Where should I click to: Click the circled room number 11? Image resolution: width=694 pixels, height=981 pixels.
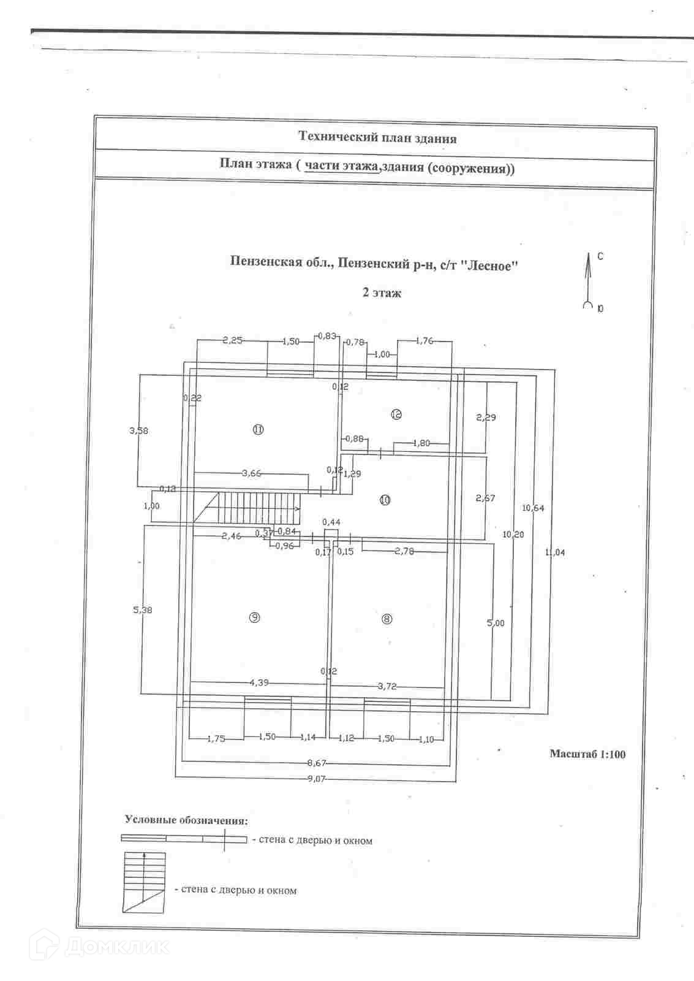tap(258, 430)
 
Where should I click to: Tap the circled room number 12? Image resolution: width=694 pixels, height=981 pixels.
tap(396, 414)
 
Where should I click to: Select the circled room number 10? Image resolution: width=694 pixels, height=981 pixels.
tap(385, 500)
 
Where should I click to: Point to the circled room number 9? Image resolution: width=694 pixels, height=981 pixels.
tap(254, 618)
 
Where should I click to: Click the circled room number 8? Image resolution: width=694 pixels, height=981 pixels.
tap(387, 619)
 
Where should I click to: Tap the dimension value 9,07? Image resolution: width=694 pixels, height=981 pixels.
tap(317, 779)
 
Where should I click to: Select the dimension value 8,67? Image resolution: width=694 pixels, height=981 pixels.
tap(317, 763)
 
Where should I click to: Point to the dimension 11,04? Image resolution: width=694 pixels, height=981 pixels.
tap(555, 552)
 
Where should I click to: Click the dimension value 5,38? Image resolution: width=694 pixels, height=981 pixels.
tap(143, 610)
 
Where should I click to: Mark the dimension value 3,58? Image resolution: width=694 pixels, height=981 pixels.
tap(138, 430)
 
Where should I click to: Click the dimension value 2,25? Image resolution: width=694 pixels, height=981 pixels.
tap(233, 340)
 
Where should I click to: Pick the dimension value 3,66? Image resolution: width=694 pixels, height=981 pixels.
tap(251, 473)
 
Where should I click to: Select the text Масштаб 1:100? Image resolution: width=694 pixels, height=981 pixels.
tap(587, 754)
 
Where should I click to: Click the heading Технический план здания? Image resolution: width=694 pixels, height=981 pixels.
tap(377, 138)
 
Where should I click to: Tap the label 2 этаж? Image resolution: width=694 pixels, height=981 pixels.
tap(382, 293)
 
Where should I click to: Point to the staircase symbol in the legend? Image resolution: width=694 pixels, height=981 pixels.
tap(145, 882)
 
